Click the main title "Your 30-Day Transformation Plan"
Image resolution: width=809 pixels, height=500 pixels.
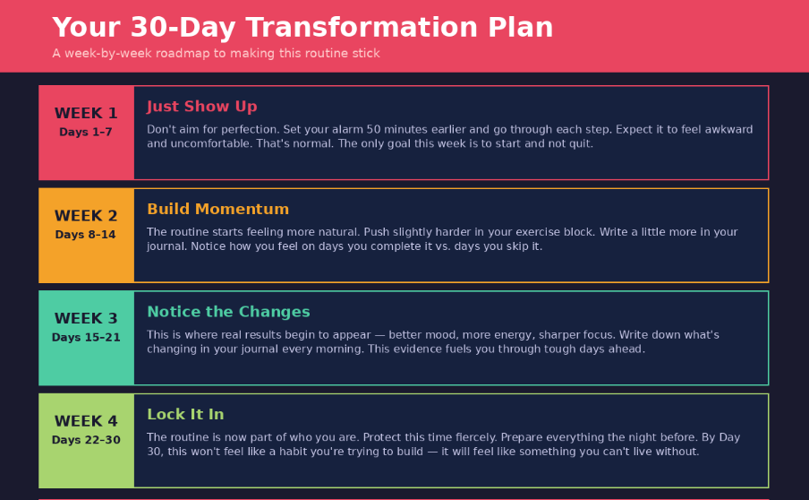click(x=302, y=28)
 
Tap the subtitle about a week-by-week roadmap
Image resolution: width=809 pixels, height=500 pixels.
click(x=216, y=54)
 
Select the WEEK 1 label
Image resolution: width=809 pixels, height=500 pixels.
click(x=86, y=114)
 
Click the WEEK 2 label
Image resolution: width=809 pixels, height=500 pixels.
click(x=86, y=216)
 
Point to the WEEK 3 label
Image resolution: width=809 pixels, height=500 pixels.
click(x=86, y=319)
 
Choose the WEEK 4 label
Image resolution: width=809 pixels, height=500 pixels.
click(x=86, y=421)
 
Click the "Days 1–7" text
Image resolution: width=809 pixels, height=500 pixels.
click(x=86, y=133)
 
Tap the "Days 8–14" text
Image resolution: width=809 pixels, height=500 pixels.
click(x=86, y=235)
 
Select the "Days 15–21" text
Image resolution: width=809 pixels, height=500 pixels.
click(x=86, y=338)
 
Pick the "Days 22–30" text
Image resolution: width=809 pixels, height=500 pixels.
click(x=86, y=440)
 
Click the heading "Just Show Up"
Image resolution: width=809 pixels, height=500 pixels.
click(x=201, y=107)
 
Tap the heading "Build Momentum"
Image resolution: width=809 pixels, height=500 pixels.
click(x=217, y=210)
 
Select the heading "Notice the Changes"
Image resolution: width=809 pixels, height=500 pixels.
click(x=228, y=312)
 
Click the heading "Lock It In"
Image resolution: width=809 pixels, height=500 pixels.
click(x=185, y=415)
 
